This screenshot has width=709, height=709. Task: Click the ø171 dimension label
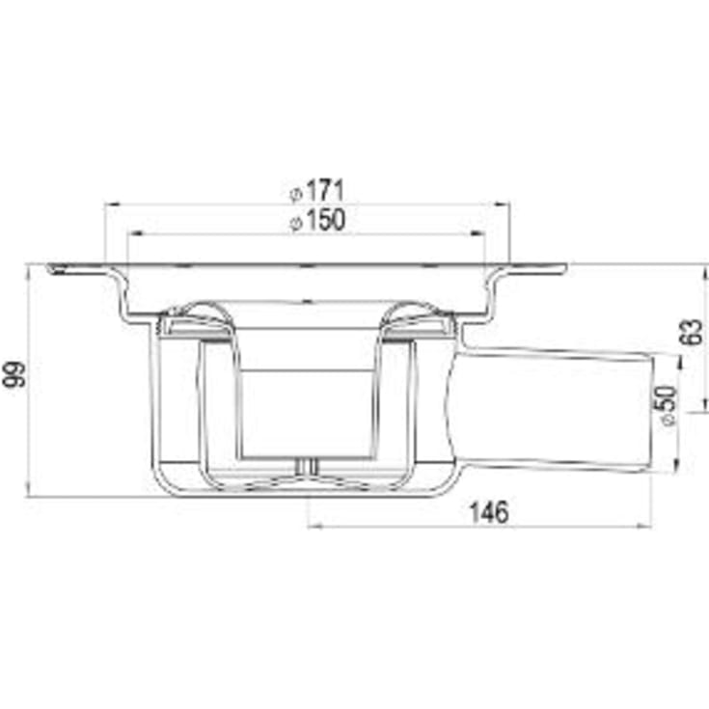pos(317,191)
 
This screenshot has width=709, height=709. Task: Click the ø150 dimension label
pos(317,220)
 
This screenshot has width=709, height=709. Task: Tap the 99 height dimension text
pos(14,374)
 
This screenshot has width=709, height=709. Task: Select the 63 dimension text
pos(692,332)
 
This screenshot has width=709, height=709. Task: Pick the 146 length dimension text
pos(489,513)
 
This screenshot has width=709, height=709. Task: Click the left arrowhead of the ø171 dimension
pos(111,205)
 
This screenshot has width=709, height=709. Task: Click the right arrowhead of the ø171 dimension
pos(503,205)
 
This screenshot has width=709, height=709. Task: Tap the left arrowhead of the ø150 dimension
pos(136,233)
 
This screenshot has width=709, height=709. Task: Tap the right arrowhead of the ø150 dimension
pos(477,233)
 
